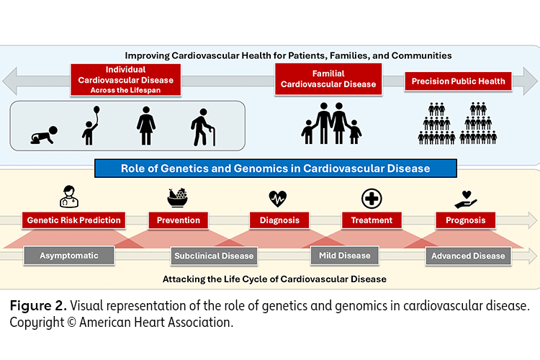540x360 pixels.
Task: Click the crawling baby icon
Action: (x=42, y=133)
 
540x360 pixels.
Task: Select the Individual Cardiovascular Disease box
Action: (x=122, y=80)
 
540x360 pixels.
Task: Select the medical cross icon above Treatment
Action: (x=372, y=197)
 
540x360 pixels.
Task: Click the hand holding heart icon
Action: (x=464, y=197)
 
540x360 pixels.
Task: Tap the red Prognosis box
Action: (x=465, y=220)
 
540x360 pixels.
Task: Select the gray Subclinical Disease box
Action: (x=213, y=256)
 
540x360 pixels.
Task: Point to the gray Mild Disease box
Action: (x=344, y=255)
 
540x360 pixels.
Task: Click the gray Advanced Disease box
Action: (x=468, y=256)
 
